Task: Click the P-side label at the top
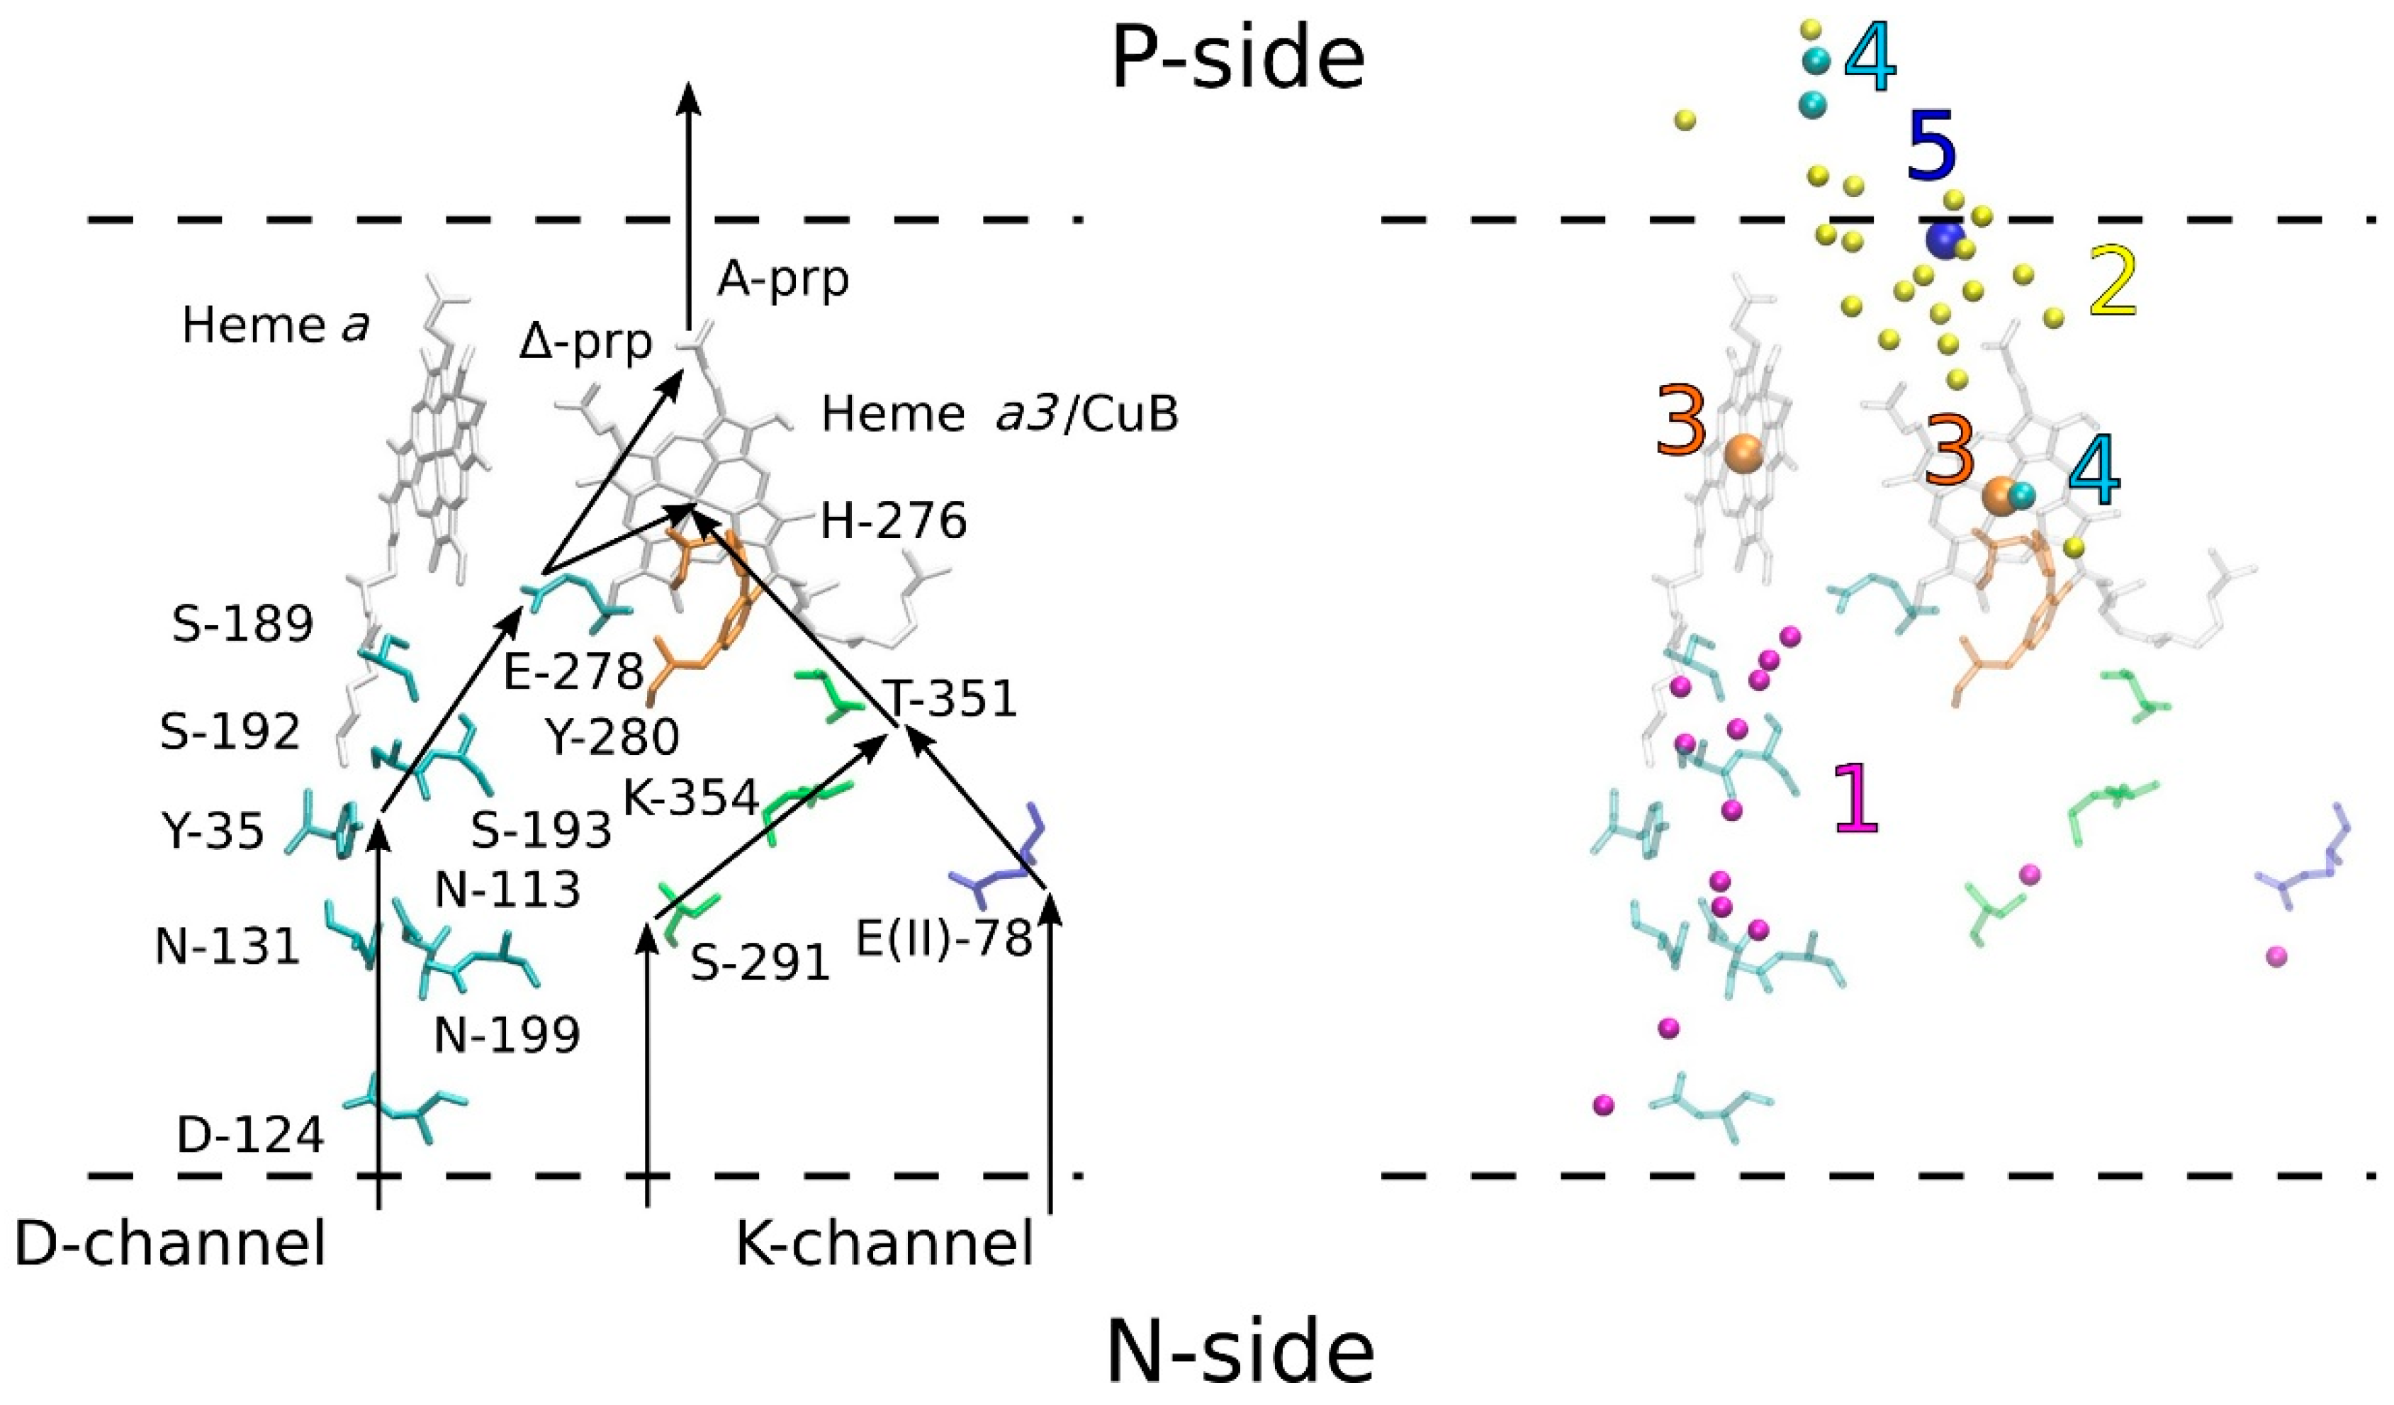tap(1237, 59)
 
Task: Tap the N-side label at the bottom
tap(1240, 1353)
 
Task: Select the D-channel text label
tap(171, 1245)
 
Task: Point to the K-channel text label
tap(884, 1245)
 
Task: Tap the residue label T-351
tap(950, 699)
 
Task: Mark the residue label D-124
tap(251, 1135)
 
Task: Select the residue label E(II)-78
tap(943, 939)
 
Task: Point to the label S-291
tap(760, 964)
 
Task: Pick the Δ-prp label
tap(585, 343)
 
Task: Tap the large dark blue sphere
tap(1945, 240)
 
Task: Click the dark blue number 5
tap(1931, 149)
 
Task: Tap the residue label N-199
tap(506, 1034)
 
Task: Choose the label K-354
tap(691, 798)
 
